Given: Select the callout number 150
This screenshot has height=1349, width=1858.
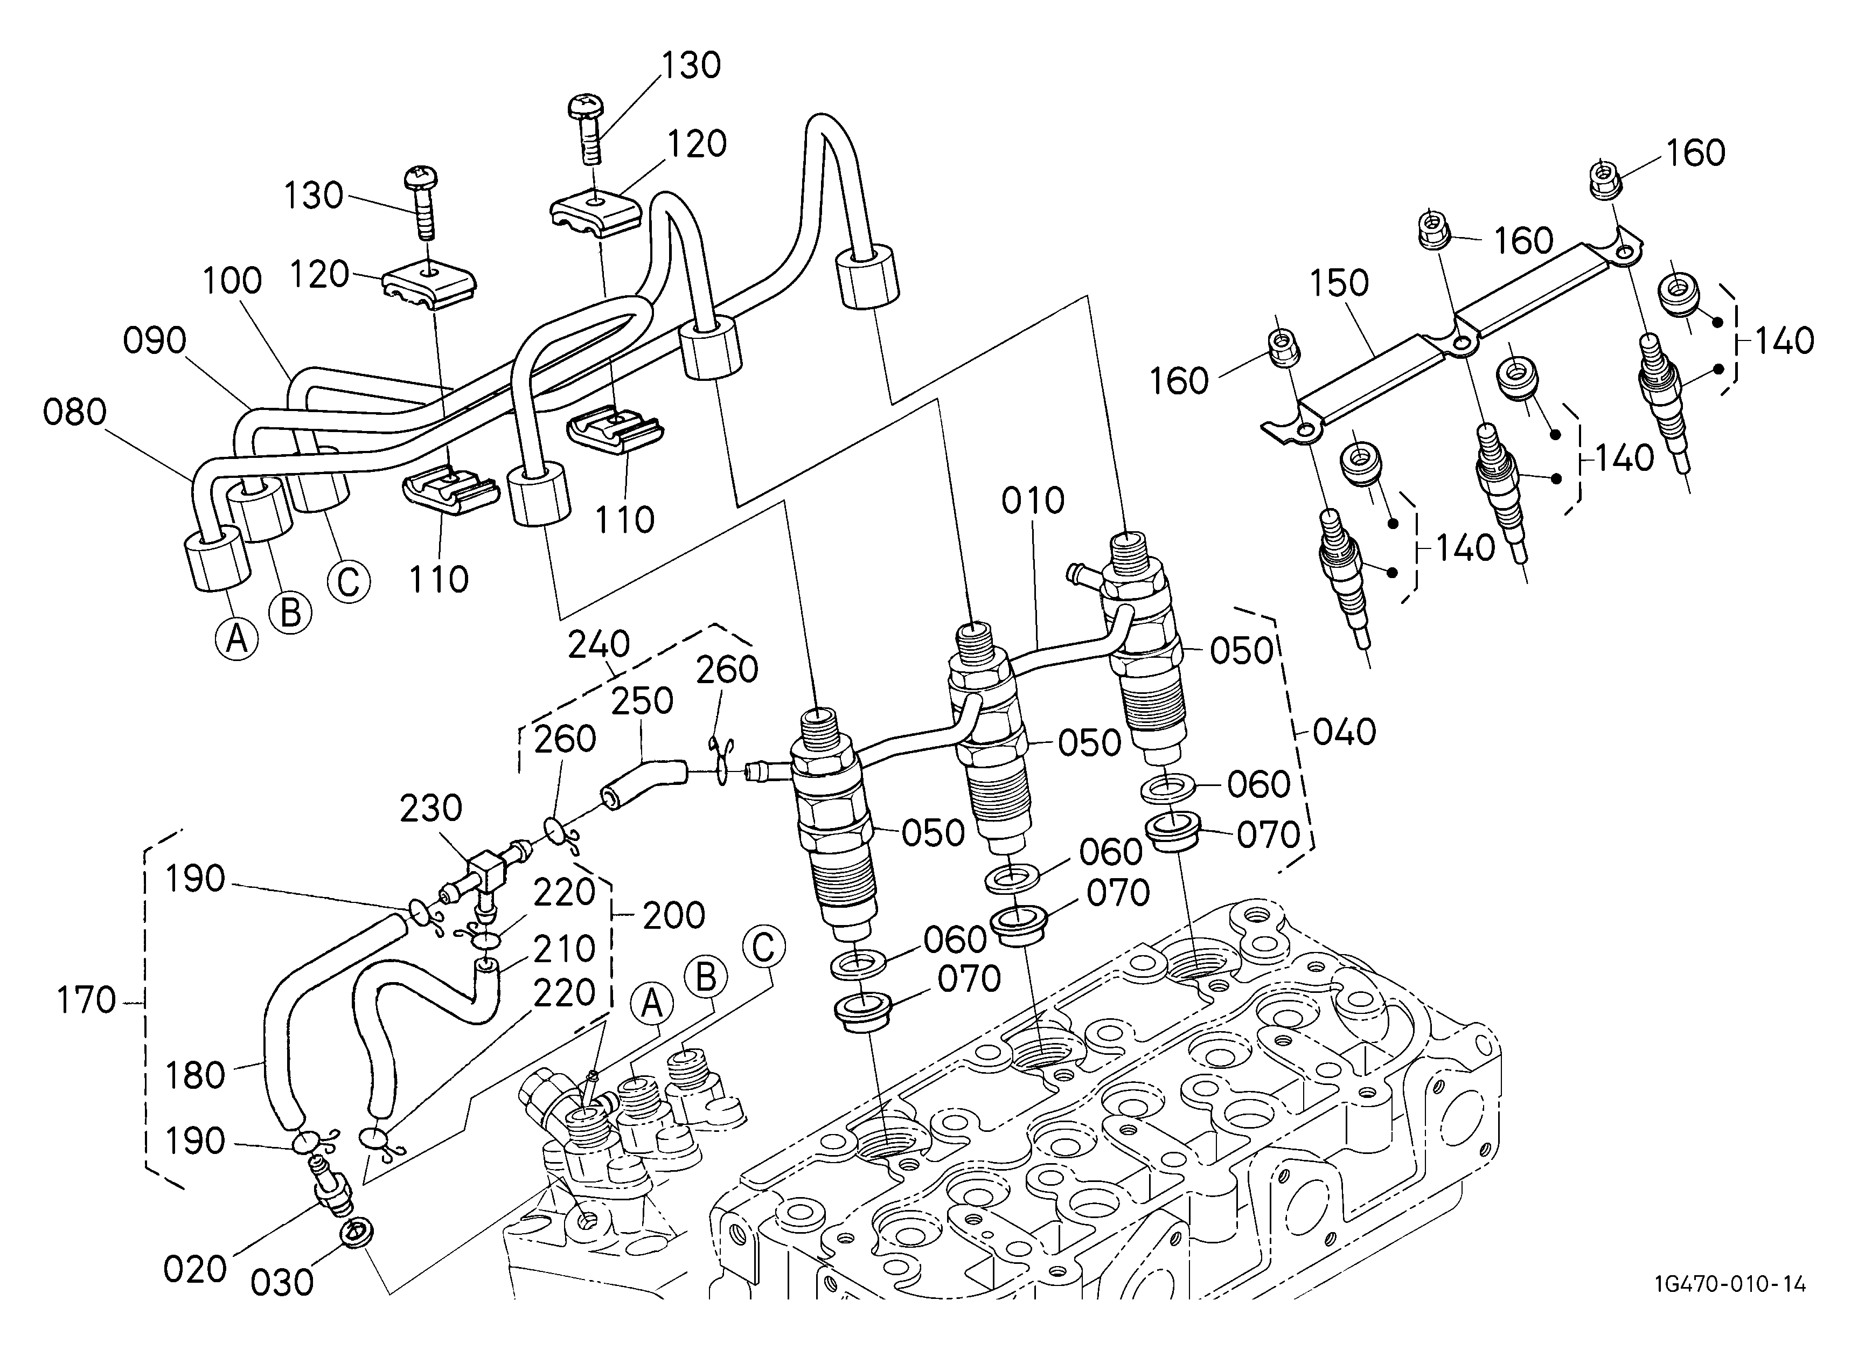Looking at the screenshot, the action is pos(1339,283).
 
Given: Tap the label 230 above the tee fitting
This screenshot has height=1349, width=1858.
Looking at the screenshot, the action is pos(431,809).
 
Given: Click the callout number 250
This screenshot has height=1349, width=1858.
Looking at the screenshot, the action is pos(642,700).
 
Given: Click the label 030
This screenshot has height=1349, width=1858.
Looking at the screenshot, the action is pos(282,1283).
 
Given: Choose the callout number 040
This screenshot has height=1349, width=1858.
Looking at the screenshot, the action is pos(1345,732).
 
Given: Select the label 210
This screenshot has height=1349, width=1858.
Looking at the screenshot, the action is pos(563,949).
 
